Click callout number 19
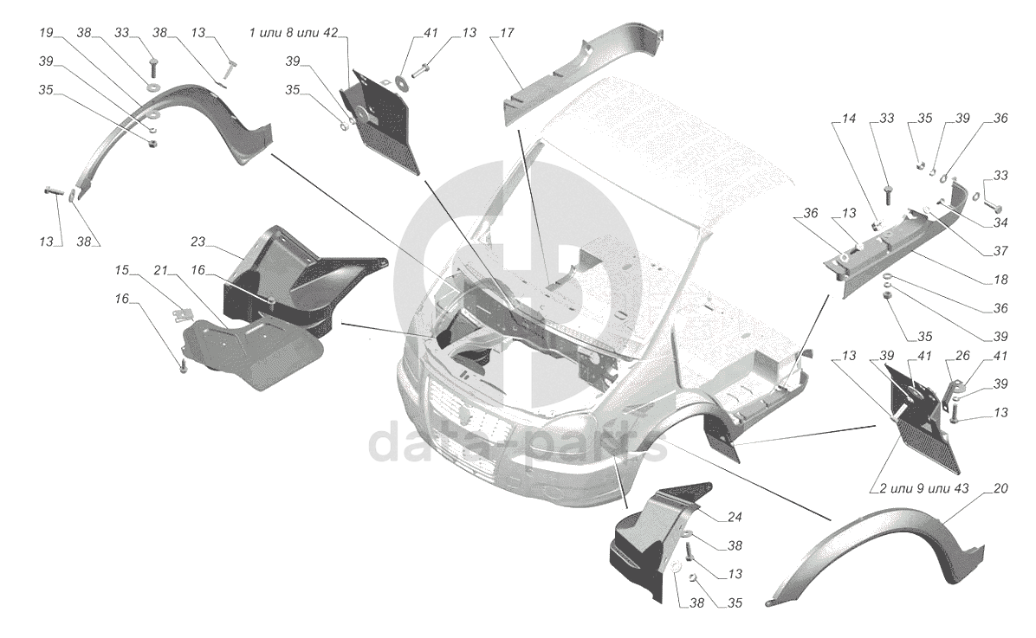(x=46, y=32)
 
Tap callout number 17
(x=507, y=32)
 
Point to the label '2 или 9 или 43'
(x=923, y=488)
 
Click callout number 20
(x=1000, y=488)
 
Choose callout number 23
(x=198, y=242)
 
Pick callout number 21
(x=161, y=270)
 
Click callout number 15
(x=121, y=270)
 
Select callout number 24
(x=735, y=517)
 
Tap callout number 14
(x=848, y=119)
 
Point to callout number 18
(x=1000, y=280)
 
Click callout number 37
(x=1000, y=251)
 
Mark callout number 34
(x=1000, y=222)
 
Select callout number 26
(x=962, y=356)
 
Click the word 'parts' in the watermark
(x=588, y=444)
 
